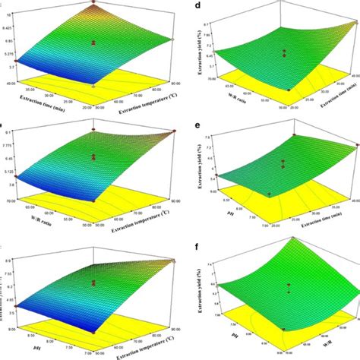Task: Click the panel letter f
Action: (x=198, y=247)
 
